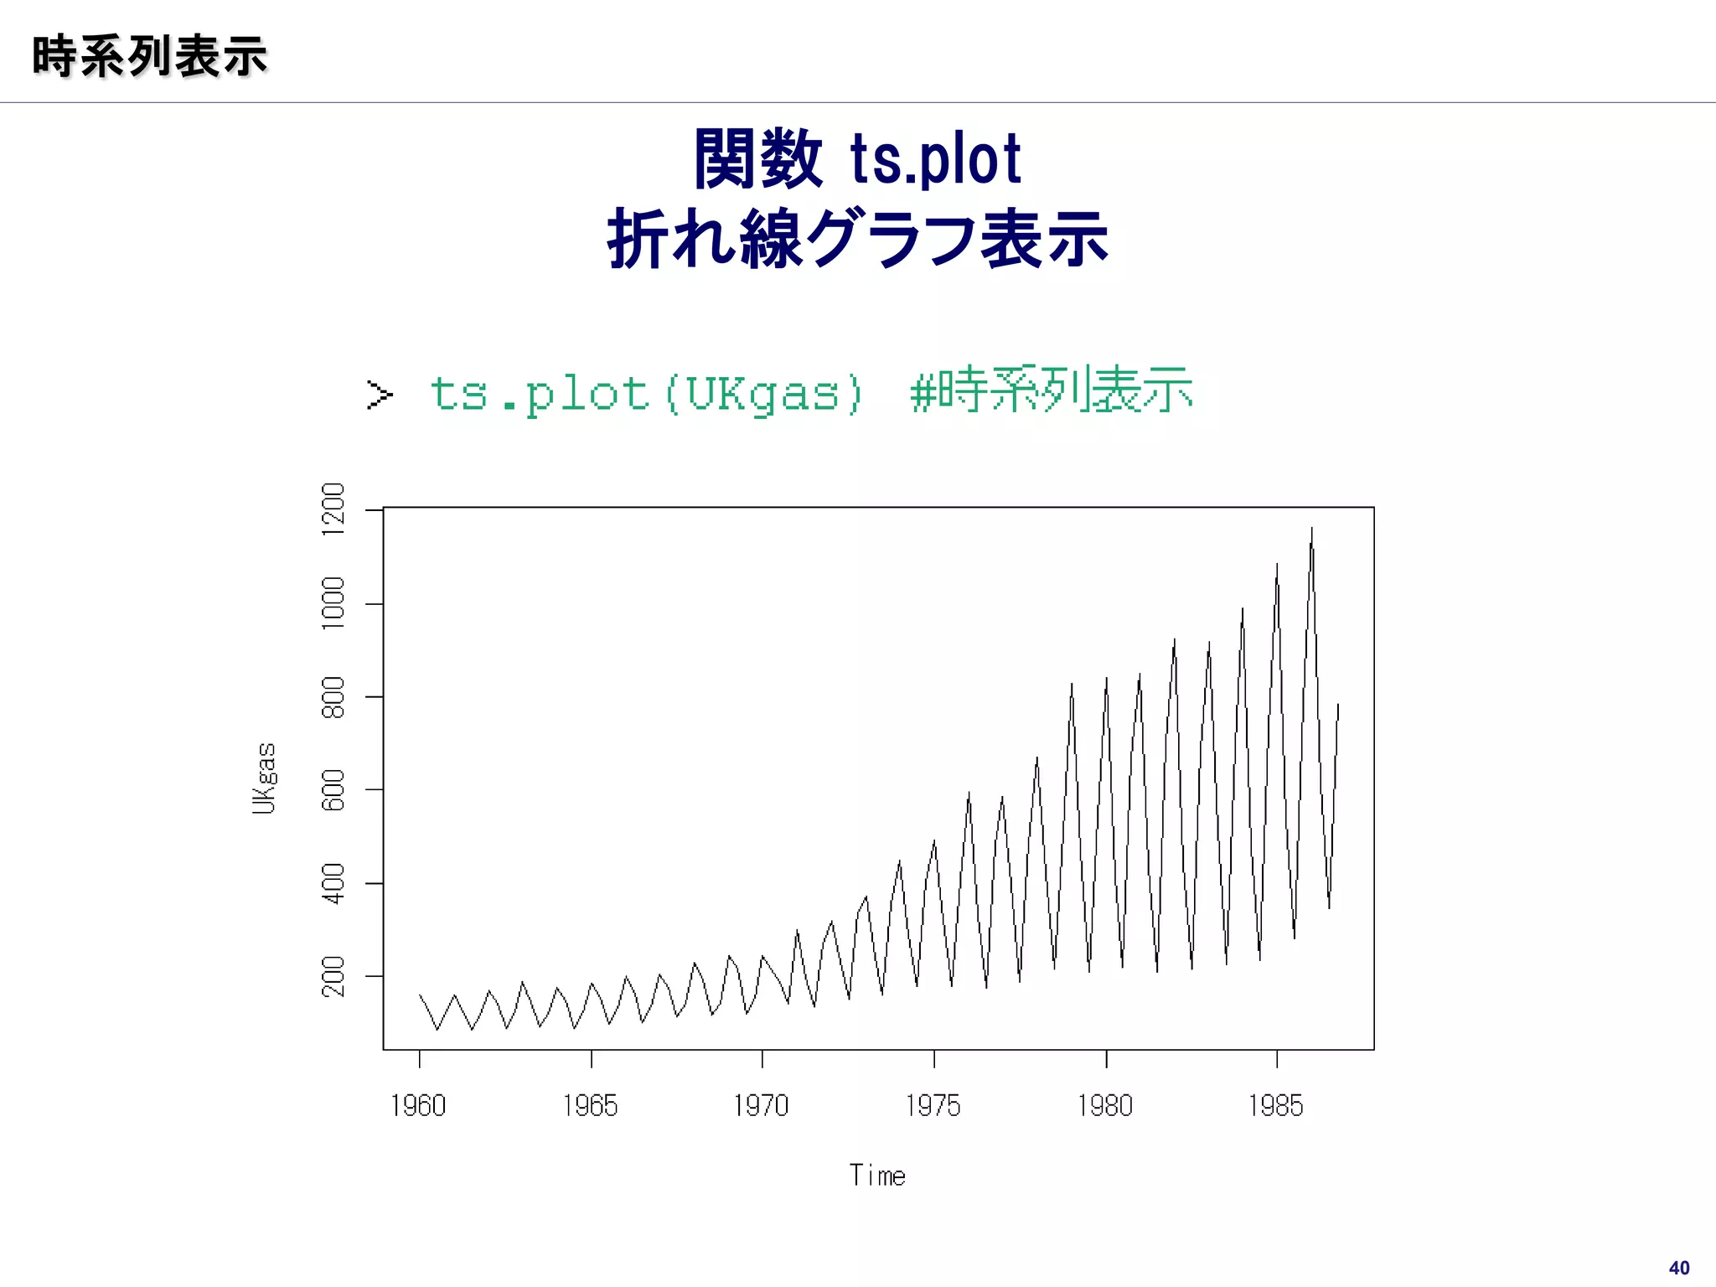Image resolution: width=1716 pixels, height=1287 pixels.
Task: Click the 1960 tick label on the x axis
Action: (x=418, y=1106)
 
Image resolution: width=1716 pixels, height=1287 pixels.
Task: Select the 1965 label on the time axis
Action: (x=590, y=1106)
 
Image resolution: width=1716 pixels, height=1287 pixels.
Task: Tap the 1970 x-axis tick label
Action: (x=761, y=1106)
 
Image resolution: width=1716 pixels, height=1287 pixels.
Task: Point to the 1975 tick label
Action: (x=933, y=1106)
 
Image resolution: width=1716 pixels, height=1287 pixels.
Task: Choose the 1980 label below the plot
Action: (x=1104, y=1106)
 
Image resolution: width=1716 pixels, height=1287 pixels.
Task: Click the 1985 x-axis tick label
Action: (x=1275, y=1106)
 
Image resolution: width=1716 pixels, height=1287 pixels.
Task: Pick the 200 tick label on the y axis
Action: (x=333, y=976)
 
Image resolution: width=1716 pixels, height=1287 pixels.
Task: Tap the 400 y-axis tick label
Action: (x=333, y=883)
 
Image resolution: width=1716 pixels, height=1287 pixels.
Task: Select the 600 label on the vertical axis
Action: (x=333, y=790)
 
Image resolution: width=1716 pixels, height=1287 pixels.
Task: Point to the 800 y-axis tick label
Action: (x=333, y=697)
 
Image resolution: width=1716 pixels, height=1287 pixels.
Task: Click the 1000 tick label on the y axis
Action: (x=333, y=603)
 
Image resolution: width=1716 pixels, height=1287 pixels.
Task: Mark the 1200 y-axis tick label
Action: (x=333, y=509)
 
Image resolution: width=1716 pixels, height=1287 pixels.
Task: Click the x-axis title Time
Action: (x=877, y=1176)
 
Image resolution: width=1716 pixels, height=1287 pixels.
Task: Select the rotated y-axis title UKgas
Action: (x=264, y=778)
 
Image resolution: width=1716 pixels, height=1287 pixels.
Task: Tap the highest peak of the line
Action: (x=1312, y=529)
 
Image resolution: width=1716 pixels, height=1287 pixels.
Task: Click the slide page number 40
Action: (x=1679, y=1268)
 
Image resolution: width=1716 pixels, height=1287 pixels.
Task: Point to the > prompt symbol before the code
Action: (x=380, y=394)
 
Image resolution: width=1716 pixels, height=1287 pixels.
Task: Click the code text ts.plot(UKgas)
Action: (x=646, y=393)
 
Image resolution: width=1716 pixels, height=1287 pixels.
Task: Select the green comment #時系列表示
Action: (x=1052, y=390)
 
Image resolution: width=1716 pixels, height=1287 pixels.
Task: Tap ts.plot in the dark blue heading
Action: (x=936, y=159)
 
